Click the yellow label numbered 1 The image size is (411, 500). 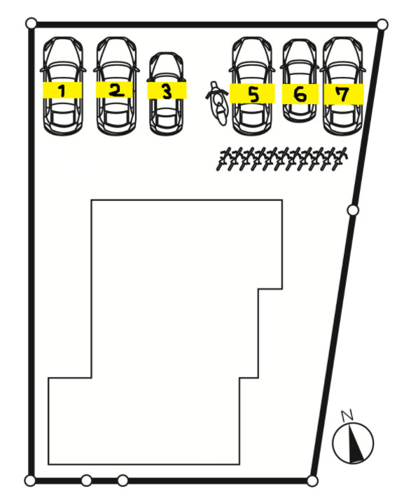click(x=62, y=90)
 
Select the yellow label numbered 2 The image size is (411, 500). click(x=114, y=90)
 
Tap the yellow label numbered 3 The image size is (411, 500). click(x=167, y=90)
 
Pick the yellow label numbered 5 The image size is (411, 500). click(x=252, y=94)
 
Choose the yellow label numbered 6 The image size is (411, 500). click(x=300, y=94)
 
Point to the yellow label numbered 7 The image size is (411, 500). click(x=344, y=94)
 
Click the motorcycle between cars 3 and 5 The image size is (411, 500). click(x=218, y=103)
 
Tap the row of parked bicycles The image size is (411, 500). click(x=281, y=159)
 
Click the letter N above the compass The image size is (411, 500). click(x=347, y=415)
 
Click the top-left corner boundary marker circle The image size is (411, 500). click(x=31, y=23)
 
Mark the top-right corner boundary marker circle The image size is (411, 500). click(x=382, y=24)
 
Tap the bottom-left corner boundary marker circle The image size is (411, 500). click(x=30, y=480)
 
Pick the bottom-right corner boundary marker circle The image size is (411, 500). click(x=312, y=481)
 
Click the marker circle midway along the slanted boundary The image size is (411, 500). click(x=353, y=210)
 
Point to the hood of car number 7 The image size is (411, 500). click(x=343, y=51)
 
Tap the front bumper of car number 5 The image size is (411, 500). click(x=252, y=40)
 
